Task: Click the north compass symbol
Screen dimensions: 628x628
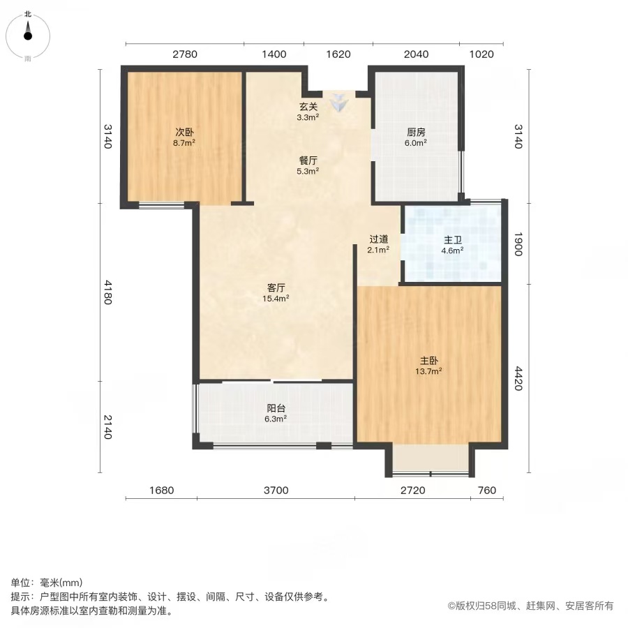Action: tap(28, 36)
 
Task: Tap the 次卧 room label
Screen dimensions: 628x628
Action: tap(184, 132)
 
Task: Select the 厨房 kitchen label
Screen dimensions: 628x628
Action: tap(416, 132)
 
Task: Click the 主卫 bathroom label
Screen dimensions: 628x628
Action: tap(453, 240)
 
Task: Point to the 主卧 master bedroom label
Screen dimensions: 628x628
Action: tap(428, 361)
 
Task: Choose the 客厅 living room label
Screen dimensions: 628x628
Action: tap(276, 287)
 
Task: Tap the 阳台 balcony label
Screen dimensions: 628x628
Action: tap(276, 408)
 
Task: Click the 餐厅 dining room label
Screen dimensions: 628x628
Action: tap(308, 160)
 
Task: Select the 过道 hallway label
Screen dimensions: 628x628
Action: tap(378, 239)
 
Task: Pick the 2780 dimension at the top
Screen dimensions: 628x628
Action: tap(185, 54)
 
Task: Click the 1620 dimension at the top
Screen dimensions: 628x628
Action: tap(338, 54)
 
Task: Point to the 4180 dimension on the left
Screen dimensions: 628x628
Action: tap(107, 292)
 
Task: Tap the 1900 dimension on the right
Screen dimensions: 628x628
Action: tap(518, 244)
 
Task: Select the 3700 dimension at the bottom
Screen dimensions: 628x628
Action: tap(276, 491)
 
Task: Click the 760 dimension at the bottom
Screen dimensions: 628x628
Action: tap(487, 491)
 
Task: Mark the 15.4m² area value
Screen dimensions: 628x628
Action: tap(276, 299)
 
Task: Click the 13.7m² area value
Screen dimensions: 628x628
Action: tap(428, 371)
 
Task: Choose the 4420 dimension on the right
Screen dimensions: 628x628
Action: tap(518, 378)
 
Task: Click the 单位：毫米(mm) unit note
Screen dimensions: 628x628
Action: tap(47, 583)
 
